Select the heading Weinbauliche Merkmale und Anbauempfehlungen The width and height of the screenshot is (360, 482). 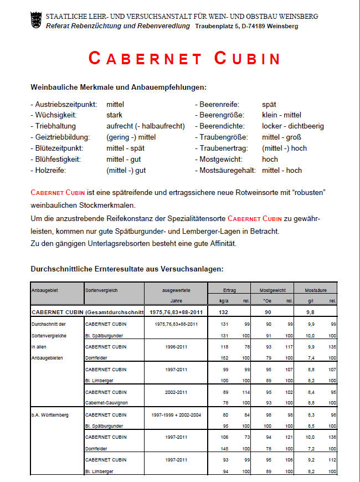(x=119, y=87)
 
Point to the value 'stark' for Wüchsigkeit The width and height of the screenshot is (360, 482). (x=114, y=115)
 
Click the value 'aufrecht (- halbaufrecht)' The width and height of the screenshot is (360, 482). (x=145, y=126)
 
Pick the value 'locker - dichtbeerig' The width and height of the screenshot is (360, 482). (x=292, y=126)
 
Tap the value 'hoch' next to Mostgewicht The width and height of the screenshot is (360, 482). (x=270, y=160)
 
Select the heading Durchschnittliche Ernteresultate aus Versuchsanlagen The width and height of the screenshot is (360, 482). (x=127, y=269)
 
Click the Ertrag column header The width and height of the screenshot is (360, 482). (x=229, y=290)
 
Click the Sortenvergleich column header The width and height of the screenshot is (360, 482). (x=101, y=290)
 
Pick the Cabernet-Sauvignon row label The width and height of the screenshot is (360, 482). (x=105, y=402)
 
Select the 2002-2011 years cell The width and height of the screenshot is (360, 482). (x=176, y=392)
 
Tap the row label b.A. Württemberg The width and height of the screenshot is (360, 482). (x=50, y=415)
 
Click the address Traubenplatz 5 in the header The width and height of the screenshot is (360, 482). (x=222, y=26)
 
